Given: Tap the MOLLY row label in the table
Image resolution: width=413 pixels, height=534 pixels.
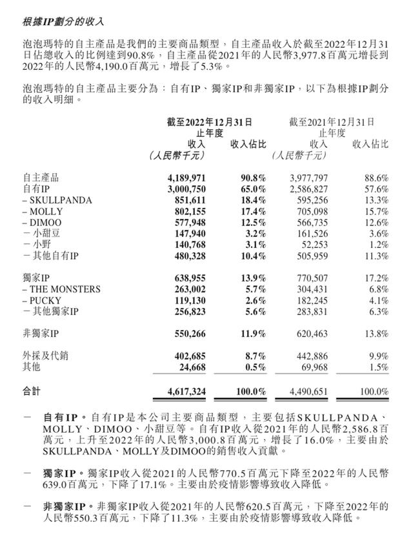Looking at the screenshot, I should click(x=46, y=212).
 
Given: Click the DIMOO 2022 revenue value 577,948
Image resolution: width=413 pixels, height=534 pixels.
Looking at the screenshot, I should click(x=187, y=223).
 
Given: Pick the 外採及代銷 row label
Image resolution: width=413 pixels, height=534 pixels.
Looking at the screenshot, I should click(x=45, y=355).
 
